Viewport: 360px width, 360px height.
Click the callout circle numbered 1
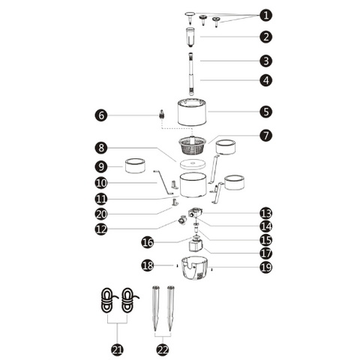point(265,15)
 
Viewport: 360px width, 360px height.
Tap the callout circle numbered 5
point(265,112)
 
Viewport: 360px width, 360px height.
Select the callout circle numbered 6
point(101,115)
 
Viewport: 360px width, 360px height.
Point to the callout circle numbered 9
point(101,166)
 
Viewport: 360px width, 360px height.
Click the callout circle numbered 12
point(101,229)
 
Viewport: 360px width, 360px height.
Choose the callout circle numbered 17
point(265,253)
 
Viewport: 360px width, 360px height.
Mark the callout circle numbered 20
point(101,214)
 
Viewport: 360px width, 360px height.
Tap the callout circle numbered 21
point(117,349)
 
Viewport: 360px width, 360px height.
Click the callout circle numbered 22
point(163,349)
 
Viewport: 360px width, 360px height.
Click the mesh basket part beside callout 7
point(192,145)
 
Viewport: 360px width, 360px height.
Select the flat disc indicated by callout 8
point(192,164)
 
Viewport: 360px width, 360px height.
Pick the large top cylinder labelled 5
point(192,112)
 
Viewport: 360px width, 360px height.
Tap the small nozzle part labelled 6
point(162,114)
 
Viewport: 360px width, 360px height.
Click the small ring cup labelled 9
point(135,166)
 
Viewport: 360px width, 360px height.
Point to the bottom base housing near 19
point(195,268)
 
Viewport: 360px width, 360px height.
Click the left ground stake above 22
point(155,308)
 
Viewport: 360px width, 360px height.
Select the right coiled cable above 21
point(129,301)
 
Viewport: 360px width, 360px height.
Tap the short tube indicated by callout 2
point(190,37)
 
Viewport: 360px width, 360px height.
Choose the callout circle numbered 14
point(265,226)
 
